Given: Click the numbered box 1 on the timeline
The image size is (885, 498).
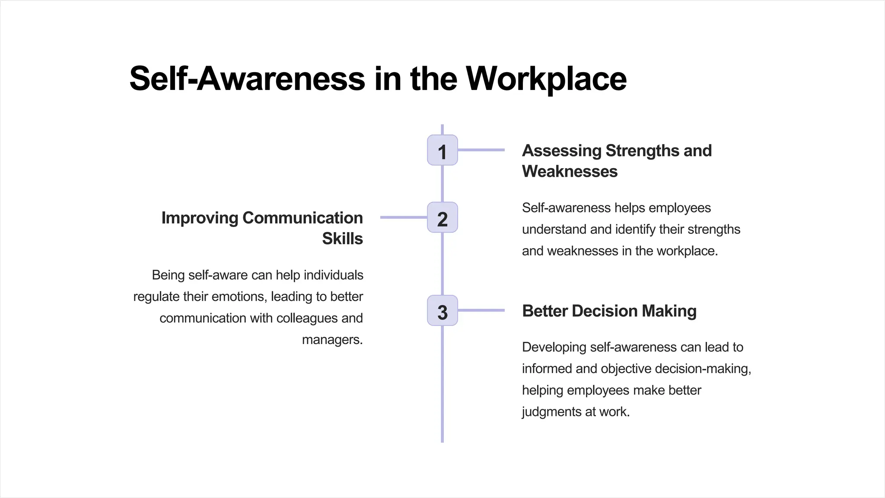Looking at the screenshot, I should click(x=442, y=150).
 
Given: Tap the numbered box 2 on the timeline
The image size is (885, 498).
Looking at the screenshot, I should click(x=442, y=217).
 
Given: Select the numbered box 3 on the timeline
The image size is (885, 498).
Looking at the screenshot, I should click(x=442, y=311).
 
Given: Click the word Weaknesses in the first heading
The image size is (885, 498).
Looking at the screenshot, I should click(x=570, y=172).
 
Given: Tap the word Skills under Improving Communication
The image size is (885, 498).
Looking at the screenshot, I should click(x=342, y=239).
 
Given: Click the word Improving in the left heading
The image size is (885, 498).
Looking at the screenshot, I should click(x=200, y=218).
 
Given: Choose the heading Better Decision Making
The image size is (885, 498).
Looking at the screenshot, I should click(x=609, y=311).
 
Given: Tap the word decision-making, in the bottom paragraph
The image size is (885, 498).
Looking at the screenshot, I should click(x=703, y=369).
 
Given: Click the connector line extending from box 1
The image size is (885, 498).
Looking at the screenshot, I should click(x=481, y=150).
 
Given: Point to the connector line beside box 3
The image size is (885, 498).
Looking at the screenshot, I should click(x=481, y=310).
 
